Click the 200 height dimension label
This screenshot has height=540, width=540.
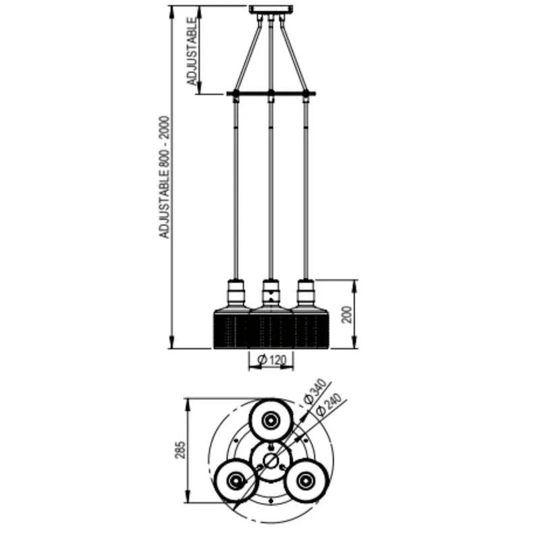(348, 314)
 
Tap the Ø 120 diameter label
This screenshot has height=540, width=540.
(271, 360)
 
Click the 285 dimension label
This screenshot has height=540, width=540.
(180, 450)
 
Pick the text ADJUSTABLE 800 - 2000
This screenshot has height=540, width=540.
(165, 177)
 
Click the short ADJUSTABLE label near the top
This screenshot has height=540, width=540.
(192, 51)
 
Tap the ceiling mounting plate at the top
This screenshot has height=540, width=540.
(271, 9)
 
